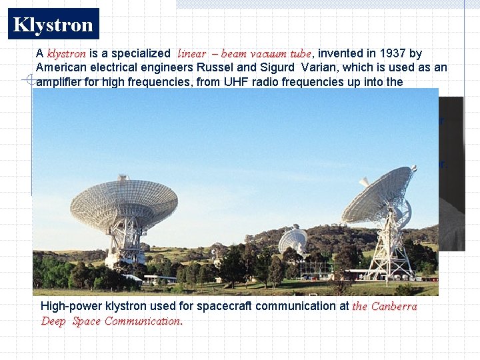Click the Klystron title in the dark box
[53, 25]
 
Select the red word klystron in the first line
[66, 53]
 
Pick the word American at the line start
[62, 67]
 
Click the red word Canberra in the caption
[394, 307]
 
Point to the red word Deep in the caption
[53, 321]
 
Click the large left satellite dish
[123, 203]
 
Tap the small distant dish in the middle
[293, 239]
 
